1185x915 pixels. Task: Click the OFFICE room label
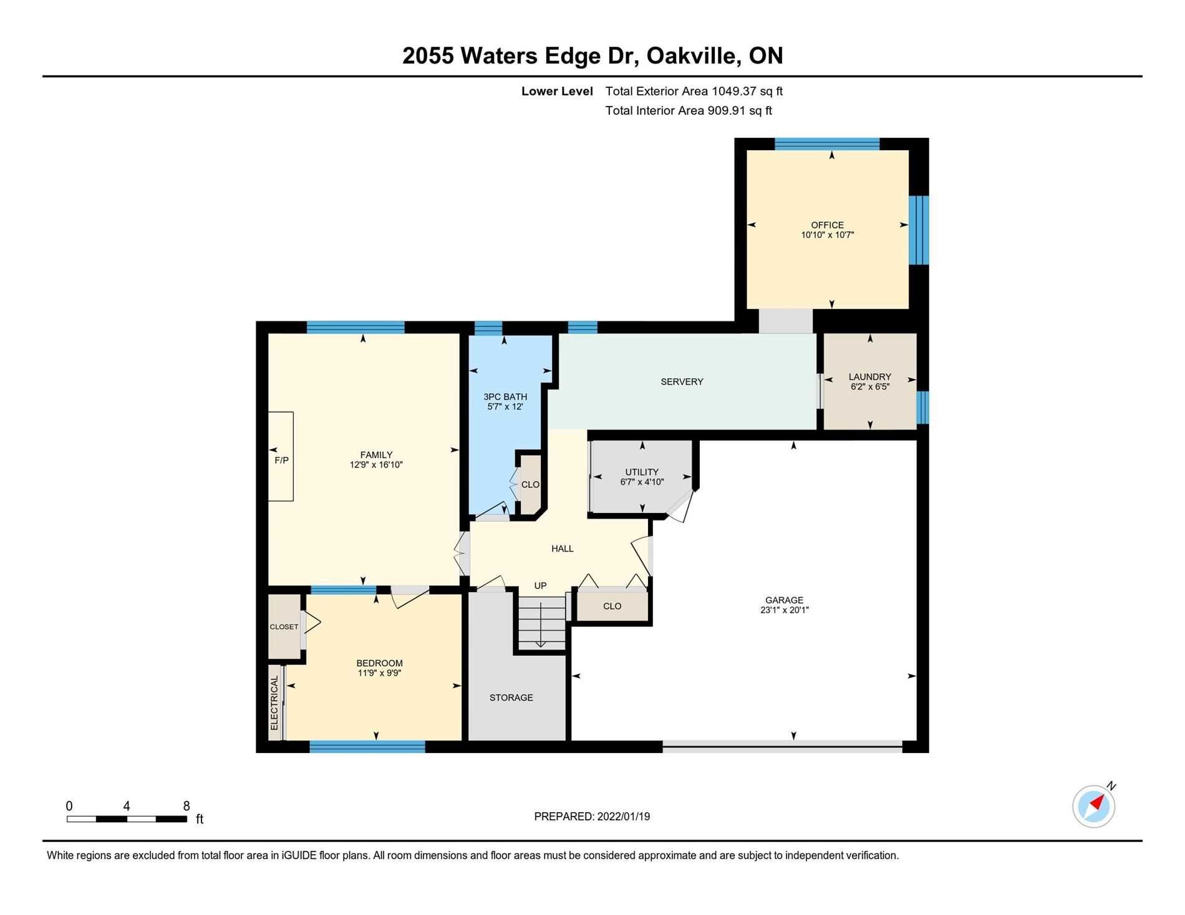[827, 225]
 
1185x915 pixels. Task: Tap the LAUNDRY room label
[869, 376]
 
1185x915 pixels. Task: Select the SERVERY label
[682, 381]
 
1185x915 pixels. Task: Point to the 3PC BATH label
[505, 396]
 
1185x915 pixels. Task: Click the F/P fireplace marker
[281, 460]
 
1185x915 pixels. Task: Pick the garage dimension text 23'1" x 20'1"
[784, 610]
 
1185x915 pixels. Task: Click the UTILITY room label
[642, 472]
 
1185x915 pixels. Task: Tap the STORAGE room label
[511, 697]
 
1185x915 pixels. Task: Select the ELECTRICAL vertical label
[274, 703]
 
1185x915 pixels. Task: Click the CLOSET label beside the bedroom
[284, 627]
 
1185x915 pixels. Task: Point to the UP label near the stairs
[540, 585]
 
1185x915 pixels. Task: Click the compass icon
[1093, 806]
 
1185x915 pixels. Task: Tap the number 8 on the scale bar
[186, 806]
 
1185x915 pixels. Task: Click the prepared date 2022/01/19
[623, 817]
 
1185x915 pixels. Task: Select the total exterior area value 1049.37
[734, 91]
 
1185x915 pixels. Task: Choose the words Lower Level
[557, 91]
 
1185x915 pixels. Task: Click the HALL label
[562, 549]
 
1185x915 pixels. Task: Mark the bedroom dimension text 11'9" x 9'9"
[379, 673]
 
